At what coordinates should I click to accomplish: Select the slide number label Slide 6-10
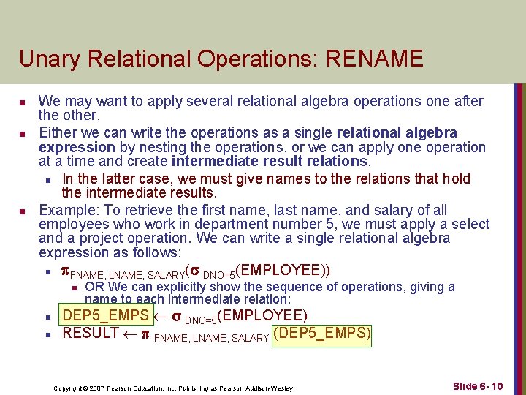(x=477, y=385)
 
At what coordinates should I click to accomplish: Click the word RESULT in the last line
(x=91, y=334)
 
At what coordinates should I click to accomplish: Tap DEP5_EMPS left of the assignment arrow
(x=106, y=316)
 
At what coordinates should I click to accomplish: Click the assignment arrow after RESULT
(x=132, y=334)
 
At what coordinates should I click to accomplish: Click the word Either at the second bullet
(x=58, y=132)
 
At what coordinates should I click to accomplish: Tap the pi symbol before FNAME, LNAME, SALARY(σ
(x=64, y=271)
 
